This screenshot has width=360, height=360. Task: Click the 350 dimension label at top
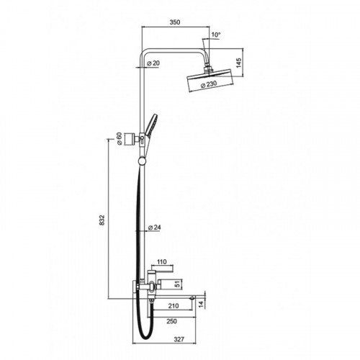pos(175,22)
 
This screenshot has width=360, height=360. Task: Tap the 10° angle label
pos(215,35)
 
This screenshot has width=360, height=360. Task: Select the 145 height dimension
pos(239,63)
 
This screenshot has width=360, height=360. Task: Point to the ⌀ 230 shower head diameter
pos(208,84)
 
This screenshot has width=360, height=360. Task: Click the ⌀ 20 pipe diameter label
pos(153,63)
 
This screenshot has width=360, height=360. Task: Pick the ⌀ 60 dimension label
pos(120,139)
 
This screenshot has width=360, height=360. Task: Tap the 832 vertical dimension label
pos(102,220)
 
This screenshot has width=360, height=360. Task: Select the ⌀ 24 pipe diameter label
pos(155,228)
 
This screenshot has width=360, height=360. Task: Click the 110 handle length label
pos(162,262)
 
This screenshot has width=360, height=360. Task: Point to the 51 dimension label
pos(177,284)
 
